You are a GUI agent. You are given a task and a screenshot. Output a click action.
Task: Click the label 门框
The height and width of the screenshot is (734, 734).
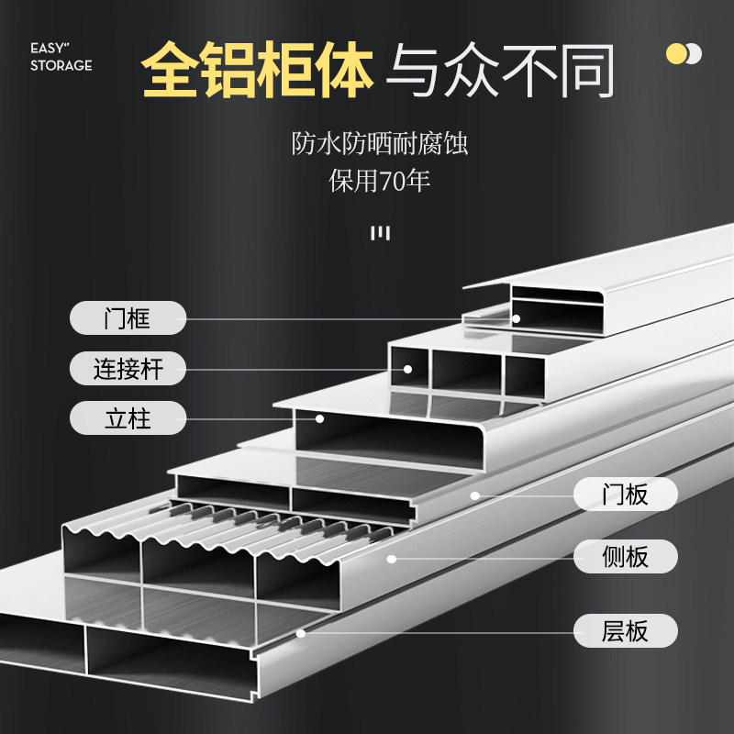pos(128,318)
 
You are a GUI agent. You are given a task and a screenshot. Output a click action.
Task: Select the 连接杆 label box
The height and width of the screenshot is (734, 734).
pos(128,369)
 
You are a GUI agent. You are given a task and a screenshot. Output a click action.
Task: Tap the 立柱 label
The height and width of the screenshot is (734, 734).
pos(128,419)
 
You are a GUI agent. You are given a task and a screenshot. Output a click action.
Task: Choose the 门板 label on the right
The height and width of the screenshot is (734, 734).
pos(625,495)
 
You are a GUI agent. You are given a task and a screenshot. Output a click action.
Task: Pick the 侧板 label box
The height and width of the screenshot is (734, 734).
pos(625,556)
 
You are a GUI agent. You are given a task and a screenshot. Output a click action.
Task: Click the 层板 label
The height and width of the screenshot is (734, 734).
pos(625,630)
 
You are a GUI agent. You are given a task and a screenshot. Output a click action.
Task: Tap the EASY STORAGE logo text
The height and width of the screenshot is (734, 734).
pos(61,57)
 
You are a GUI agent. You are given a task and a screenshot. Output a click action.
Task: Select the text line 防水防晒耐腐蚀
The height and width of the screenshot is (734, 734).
pos(386,144)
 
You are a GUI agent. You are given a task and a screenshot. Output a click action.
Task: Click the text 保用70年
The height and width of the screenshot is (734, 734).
pos(380,181)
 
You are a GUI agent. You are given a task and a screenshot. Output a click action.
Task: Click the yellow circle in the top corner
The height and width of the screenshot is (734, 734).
pos(675,53)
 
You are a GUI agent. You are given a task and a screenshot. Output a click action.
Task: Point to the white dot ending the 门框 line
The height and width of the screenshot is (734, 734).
pos(517,318)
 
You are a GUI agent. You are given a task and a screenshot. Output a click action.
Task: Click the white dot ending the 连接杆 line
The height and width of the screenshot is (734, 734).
pos(407,369)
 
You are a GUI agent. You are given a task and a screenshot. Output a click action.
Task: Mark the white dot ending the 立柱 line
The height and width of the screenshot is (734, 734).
pos(320,419)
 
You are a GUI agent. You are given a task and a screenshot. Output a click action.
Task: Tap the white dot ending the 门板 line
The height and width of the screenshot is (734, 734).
pos(475,495)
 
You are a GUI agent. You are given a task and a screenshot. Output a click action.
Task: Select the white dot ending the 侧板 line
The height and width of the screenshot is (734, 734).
pos(391,557)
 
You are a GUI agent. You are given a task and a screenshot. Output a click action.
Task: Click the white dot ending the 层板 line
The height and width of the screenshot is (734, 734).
pos(301,632)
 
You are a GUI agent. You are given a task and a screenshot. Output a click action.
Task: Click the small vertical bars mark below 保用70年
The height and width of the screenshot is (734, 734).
pos(380,233)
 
